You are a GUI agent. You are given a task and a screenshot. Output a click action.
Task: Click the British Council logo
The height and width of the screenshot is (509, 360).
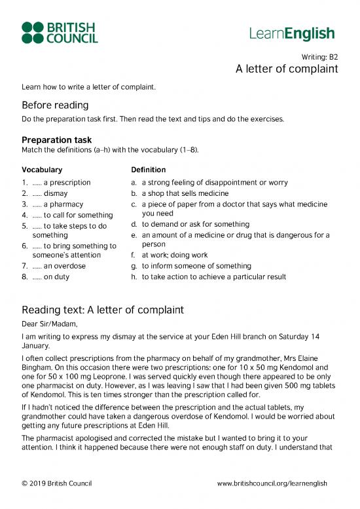(60, 33)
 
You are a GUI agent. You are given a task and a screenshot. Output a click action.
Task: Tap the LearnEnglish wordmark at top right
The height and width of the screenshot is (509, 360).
(292, 34)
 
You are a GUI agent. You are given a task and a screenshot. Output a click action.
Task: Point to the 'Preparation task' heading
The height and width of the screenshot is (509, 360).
(56, 140)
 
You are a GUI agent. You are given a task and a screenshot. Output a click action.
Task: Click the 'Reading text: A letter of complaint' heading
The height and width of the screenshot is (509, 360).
(102, 309)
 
